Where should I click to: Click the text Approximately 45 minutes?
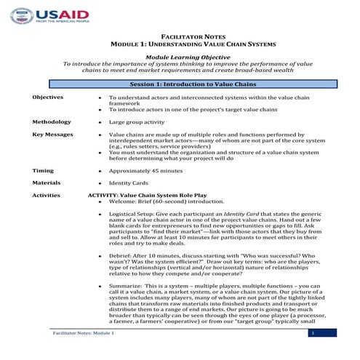click(x=148, y=169)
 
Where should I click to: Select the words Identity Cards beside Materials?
click(x=129, y=183)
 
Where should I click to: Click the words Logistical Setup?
click(x=132, y=217)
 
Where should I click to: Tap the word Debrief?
click(x=121, y=257)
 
